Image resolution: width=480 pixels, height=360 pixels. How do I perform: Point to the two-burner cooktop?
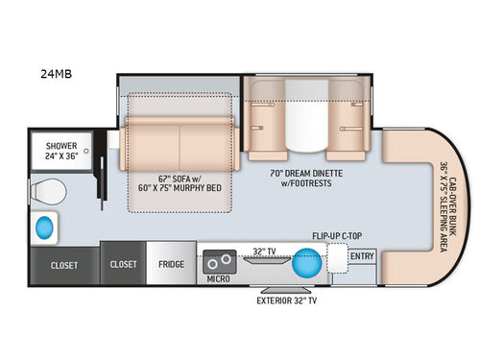point(219,260)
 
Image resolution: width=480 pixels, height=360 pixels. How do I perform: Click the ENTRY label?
point(363,256)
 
